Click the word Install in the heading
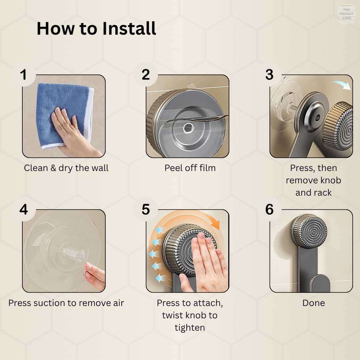tap(129, 28)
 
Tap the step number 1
tap(23, 75)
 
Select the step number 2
tap(146, 75)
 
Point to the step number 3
tap(270, 75)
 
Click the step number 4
tap(24, 210)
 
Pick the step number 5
tap(146, 210)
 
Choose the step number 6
tap(270, 210)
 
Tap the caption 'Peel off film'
tap(190, 168)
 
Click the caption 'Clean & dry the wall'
tap(66, 168)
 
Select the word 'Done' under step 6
tap(314, 303)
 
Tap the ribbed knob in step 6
tap(309, 231)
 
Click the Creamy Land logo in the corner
tap(346, 14)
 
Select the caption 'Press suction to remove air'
tap(66, 303)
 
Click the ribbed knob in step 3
tap(337, 126)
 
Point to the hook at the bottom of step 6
tap(320, 283)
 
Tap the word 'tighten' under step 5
tap(190, 328)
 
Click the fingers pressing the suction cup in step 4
tap(94, 276)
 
